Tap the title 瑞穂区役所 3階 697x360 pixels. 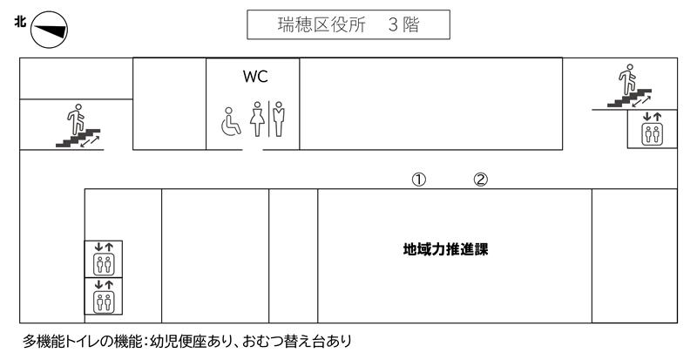coord(348,25)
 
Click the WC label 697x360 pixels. coord(254,77)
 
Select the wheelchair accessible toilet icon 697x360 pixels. coord(229,121)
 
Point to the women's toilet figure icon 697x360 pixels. coord(258,120)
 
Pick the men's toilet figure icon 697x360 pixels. coord(279,120)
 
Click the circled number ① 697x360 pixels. coord(418,179)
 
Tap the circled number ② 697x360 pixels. coord(480,179)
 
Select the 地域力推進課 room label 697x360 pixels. coord(444,249)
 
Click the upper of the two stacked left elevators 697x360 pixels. coord(104,259)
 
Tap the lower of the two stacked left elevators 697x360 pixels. coord(104,296)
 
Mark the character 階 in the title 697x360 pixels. coord(409,25)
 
